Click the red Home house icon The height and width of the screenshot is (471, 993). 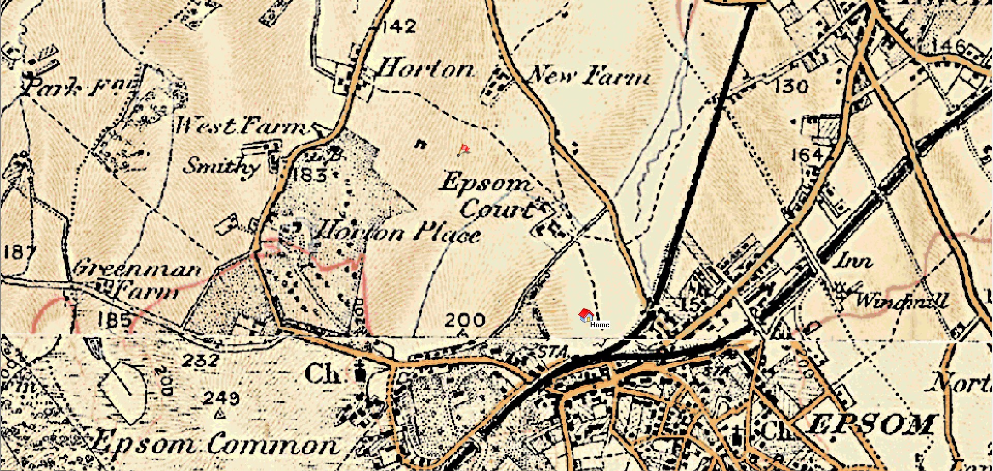[585, 315]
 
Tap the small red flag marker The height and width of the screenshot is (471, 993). [464, 150]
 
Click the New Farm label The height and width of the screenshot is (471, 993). [589, 77]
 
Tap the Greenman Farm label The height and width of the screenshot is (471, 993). [137, 280]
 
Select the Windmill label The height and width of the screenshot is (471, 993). [902, 300]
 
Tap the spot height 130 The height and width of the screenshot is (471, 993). [791, 86]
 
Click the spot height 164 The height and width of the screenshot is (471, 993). [807, 154]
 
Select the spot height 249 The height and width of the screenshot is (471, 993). [221, 398]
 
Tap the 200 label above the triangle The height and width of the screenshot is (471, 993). [464, 321]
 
